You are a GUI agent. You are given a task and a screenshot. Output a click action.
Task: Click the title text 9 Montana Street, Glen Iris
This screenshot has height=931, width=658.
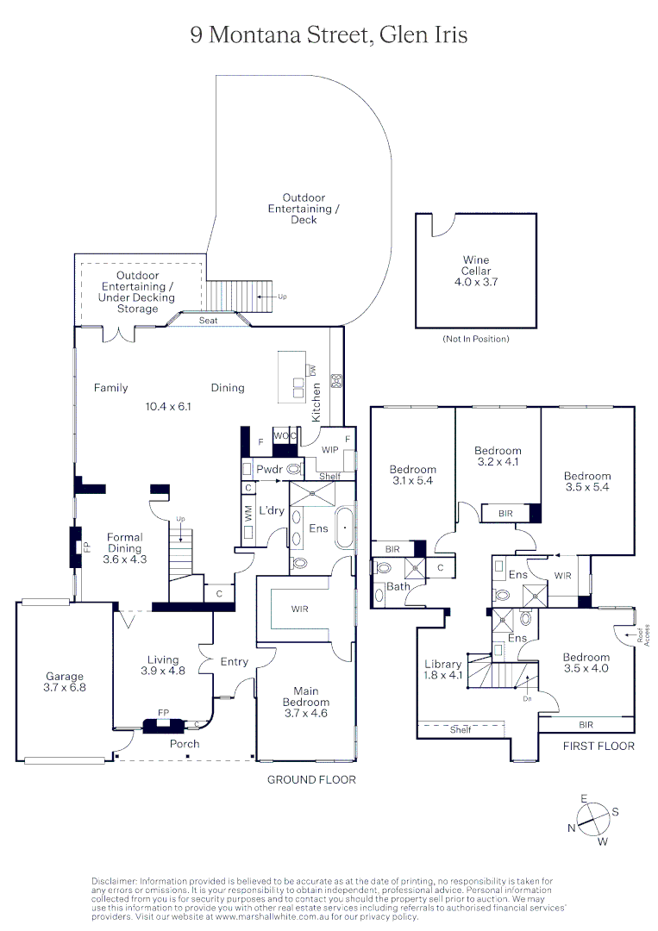[329, 34]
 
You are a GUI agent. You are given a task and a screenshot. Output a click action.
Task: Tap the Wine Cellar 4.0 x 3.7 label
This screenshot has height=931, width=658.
[476, 271]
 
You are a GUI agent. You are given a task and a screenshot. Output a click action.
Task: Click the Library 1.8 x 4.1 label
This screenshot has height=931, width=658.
[443, 670]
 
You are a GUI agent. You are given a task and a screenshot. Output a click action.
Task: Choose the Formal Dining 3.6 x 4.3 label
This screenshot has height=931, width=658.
[125, 548]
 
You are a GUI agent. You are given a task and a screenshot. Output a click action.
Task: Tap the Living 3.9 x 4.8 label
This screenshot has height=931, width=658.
[162, 665]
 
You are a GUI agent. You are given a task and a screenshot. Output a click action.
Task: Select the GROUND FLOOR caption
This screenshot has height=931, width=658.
[311, 779]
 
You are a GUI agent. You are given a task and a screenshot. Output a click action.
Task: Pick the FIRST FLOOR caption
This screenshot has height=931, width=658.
[598, 746]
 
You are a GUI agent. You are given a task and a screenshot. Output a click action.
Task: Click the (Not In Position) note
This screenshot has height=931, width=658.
[475, 339]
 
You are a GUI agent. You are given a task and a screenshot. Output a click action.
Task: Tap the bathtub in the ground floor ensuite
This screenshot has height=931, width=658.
[344, 528]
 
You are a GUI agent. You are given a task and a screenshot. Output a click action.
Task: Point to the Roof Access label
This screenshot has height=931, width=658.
[639, 636]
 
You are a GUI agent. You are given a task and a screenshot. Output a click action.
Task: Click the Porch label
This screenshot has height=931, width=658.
[185, 743]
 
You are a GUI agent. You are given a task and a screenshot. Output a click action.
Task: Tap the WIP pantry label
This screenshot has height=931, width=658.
[329, 450]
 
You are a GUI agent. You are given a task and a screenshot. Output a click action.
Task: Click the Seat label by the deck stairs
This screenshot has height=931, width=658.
[209, 321]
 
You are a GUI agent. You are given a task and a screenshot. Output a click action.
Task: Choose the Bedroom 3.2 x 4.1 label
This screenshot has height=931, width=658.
[498, 456]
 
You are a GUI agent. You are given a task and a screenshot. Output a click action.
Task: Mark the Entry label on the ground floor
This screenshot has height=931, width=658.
[234, 662]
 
